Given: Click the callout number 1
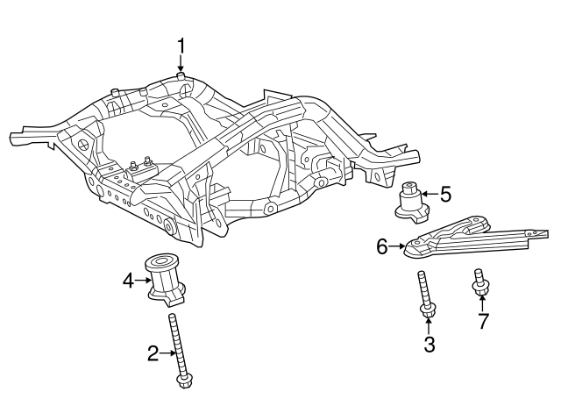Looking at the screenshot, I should point(181,45).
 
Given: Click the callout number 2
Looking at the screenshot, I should point(153,353).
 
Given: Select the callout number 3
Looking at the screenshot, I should point(429,345).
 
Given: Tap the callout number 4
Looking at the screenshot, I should point(128,281).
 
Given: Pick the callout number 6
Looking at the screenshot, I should point(382,247).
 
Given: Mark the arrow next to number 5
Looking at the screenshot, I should point(427,193).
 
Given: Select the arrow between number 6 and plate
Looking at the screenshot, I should point(397,247).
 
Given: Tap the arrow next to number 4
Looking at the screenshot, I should point(144,281).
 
